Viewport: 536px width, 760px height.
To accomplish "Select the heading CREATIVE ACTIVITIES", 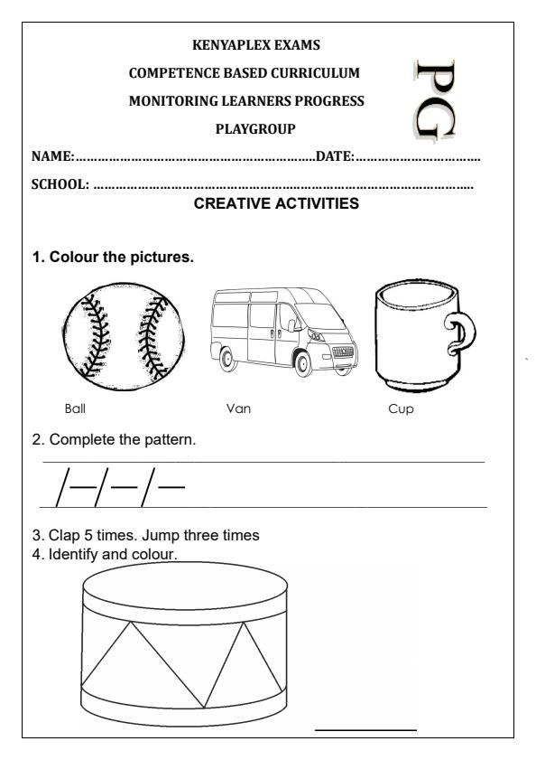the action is tap(276, 204).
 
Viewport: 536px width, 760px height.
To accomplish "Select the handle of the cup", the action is tap(462, 335).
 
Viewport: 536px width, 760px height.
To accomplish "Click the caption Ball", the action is tap(75, 408).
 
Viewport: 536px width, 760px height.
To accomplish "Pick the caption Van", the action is tap(238, 408).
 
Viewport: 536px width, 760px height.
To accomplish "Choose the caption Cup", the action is tap(397, 408).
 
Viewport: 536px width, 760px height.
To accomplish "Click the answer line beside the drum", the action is tap(365, 728).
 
